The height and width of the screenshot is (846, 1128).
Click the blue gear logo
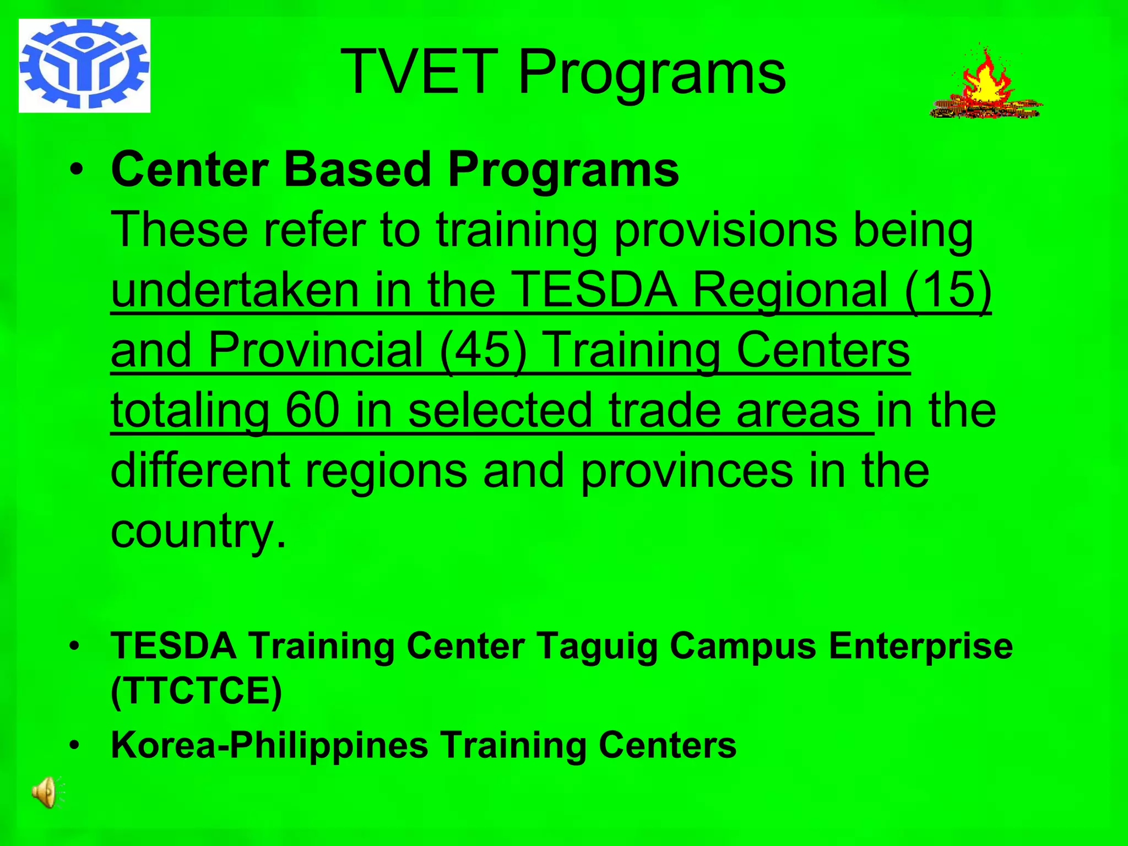pos(84,65)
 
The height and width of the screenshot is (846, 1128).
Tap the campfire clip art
pos(985,85)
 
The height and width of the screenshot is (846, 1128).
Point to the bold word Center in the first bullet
pos(190,170)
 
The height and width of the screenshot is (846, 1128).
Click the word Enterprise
pos(920,646)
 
